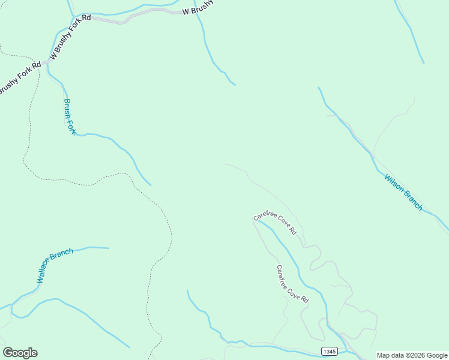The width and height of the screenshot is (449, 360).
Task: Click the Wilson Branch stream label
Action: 404,192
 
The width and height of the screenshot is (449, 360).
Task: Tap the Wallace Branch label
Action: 55,265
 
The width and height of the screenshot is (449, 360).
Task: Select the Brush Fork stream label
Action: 70,117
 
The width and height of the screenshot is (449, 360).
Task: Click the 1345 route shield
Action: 329,351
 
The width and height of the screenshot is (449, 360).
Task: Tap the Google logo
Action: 20,353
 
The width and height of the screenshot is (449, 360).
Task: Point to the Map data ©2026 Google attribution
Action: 412,355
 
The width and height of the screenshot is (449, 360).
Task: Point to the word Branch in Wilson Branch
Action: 412,200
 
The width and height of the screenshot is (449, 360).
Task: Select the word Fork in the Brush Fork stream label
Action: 72,127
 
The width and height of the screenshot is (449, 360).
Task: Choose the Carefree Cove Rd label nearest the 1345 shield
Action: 292,284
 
